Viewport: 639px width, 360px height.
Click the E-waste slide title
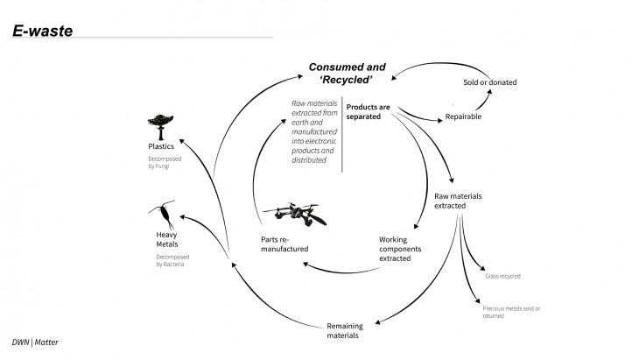pos(42,32)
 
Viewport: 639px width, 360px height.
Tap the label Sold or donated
pos(489,82)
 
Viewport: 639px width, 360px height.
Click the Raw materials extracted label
pos(458,201)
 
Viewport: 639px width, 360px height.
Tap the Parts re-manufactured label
pos(281,245)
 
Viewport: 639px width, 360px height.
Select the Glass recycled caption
pos(502,276)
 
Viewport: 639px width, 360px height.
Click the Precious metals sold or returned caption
pos(511,312)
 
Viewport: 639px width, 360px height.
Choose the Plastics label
pos(160,146)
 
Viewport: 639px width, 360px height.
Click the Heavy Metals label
pos(166,239)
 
